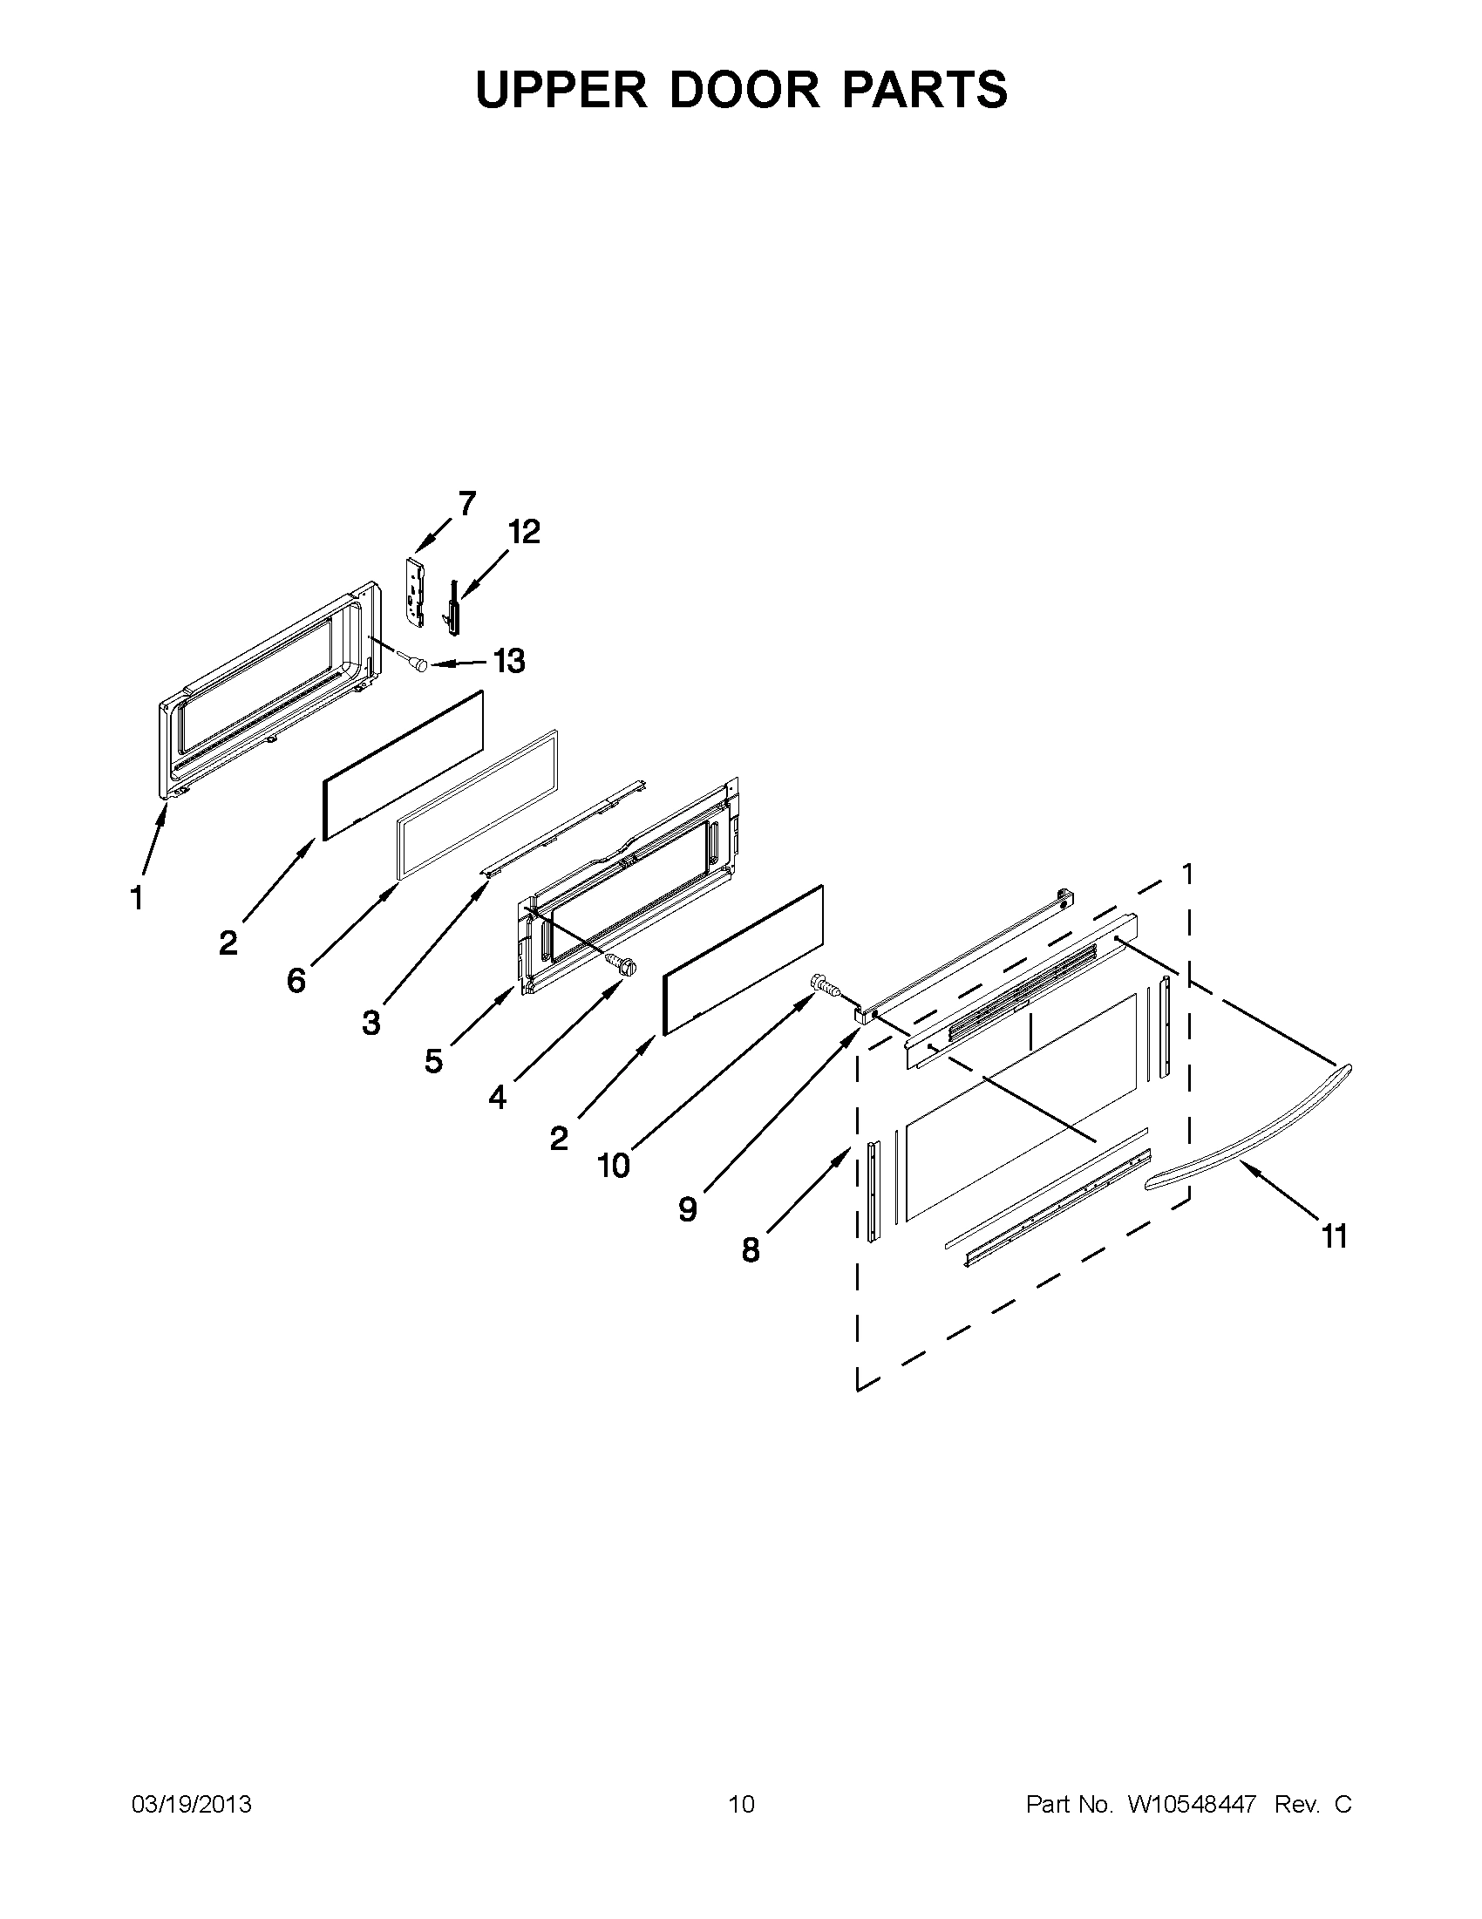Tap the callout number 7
tap(466, 503)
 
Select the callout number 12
tap(524, 532)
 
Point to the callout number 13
tap(508, 661)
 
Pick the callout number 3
tap(371, 1022)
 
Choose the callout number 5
tap(434, 1061)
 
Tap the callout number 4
tap(497, 1097)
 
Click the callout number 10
tap(613, 1166)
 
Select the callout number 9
tap(688, 1209)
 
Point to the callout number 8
tap(751, 1249)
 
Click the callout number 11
tap(1335, 1237)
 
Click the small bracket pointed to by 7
tap(416, 592)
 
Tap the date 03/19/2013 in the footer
tap(192, 1805)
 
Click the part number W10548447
tap(1191, 1805)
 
